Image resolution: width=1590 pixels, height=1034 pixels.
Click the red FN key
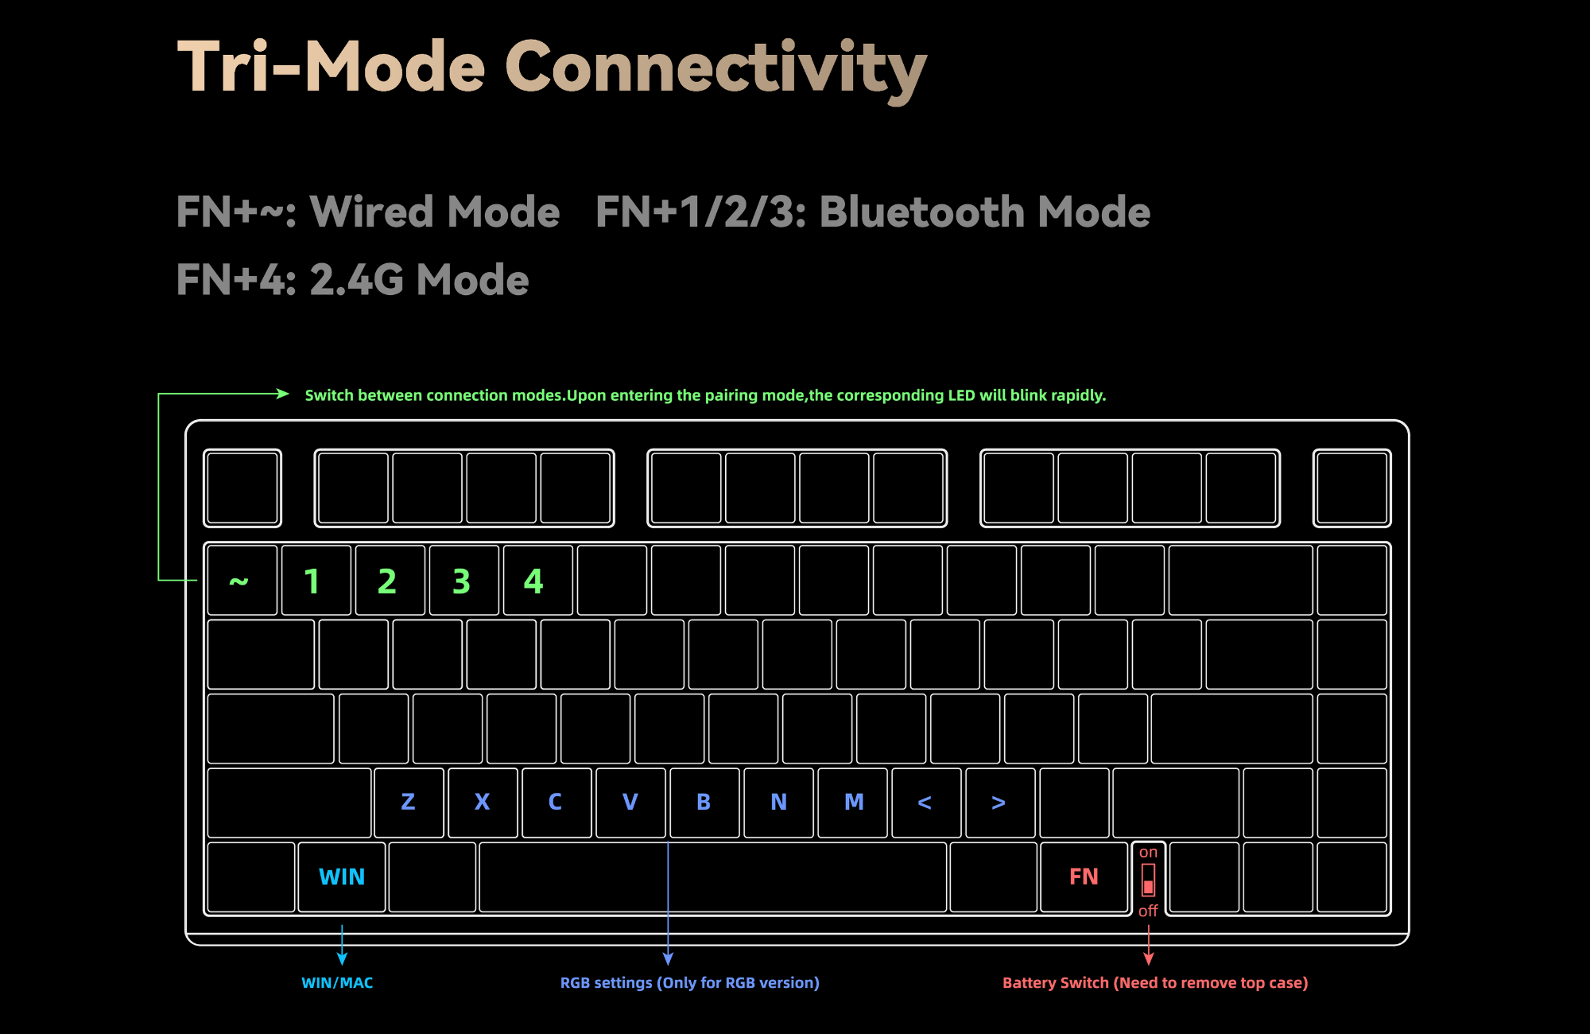pyautogui.click(x=1084, y=877)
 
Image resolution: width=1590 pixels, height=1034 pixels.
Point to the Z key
pyautogui.click(x=409, y=802)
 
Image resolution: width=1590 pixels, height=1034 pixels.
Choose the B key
pyautogui.click(x=704, y=802)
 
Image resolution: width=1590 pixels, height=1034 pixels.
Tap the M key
pyautogui.click(x=853, y=802)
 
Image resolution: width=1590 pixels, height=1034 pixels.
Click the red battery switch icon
pyautogui.click(x=1148, y=880)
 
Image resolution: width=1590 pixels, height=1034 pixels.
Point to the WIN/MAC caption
pyautogui.click(x=337, y=983)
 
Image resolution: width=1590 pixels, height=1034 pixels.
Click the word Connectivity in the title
pyautogui.click(x=715, y=68)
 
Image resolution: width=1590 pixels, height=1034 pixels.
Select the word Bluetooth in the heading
pyautogui.click(x=922, y=212)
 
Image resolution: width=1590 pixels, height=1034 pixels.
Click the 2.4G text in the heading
pyautogui.click(x=358, y=280)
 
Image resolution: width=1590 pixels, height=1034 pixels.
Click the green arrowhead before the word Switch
pyautogui.click(x=282, y=394)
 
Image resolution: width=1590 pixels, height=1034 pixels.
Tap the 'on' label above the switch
pyautogui.click(x=1148, y=853)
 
